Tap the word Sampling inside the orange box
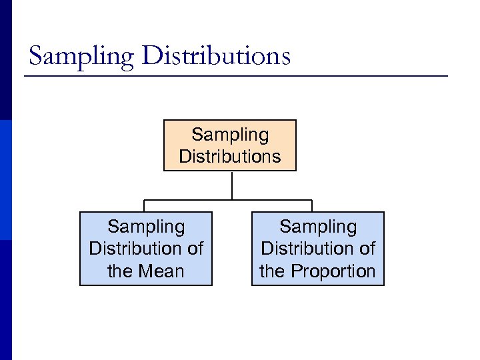pyautogui.click(x=230, y=135)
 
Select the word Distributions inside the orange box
pyautogui.click(x=230, y=157)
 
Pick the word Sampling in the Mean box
pyautogui.click(x=146, y=227)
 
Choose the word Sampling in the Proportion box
pyautogui.click(x=318, y=227)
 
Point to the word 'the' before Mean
pyautogui.click(x=121, y=271)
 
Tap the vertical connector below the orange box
pyautogui.click(x=231, y=185)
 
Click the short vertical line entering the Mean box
pyautogui.click(x=145, y=206)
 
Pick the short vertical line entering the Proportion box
pyautogui.click(x=311, y=206)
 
